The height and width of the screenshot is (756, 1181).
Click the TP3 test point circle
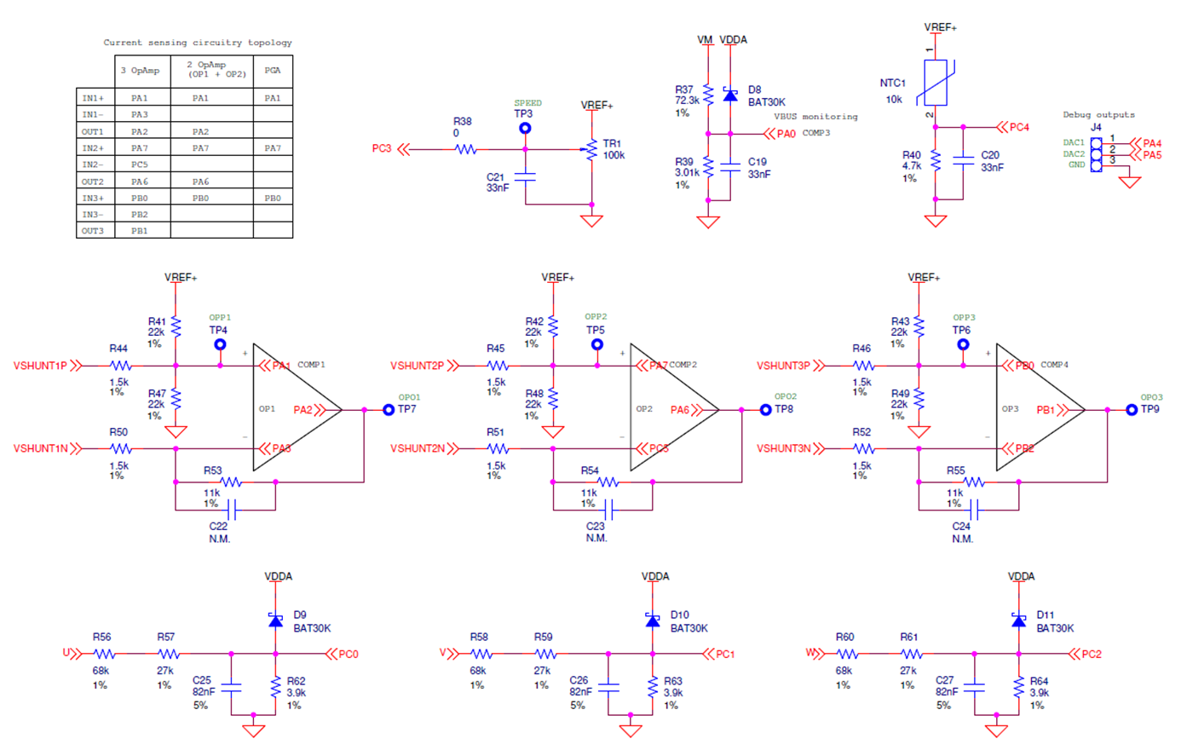[525, 129]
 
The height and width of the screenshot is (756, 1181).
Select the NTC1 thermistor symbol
[936, 83]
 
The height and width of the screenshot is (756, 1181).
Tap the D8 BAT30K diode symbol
[730, 95]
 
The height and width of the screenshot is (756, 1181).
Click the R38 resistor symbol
[465, 149]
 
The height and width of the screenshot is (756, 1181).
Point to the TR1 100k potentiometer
[591, 150]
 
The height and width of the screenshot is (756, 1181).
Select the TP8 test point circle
[765, 410]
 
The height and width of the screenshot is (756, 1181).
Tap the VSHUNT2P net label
[418, 366]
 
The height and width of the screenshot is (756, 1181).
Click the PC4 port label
[1018, 127]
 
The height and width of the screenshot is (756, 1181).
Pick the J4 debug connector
[1096, 153]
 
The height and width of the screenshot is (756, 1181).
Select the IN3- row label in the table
[93, 215]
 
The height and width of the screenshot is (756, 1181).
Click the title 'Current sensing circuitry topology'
[198, 43]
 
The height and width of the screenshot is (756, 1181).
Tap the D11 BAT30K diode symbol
[1018, 620]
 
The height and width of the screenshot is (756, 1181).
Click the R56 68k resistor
[103, 655]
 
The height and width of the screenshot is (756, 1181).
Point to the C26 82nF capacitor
[608, 685]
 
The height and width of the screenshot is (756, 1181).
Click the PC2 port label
[1091, 655]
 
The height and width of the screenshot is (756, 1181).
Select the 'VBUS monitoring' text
[815, 117]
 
